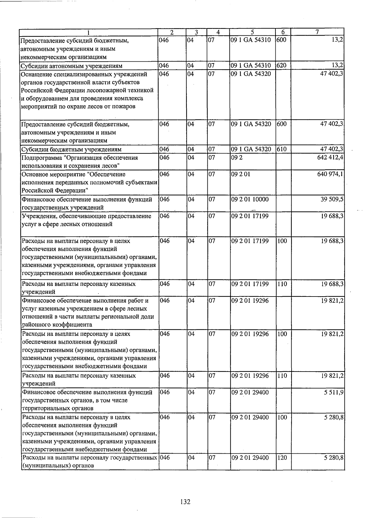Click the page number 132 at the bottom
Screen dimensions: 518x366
pyautogui.click(x=185, y=502)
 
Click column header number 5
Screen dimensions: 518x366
pyautogui.click(x=252, y=32)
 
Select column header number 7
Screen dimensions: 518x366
pyautogui.click(x=317, y=32)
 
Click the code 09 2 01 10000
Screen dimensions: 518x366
pyautogui.click(x=250, y=199)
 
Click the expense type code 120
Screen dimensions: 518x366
pyautogui.click(x=282, y=458)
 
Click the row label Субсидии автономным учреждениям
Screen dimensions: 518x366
pyautogui.click(x=71, y=66)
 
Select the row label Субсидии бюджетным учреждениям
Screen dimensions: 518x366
pyautogui.click(x=71, y=149)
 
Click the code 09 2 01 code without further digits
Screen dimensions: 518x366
pyautogui.click(x=241, y=174)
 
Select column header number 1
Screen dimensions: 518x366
pyautogui.click(x=88, y=32)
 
